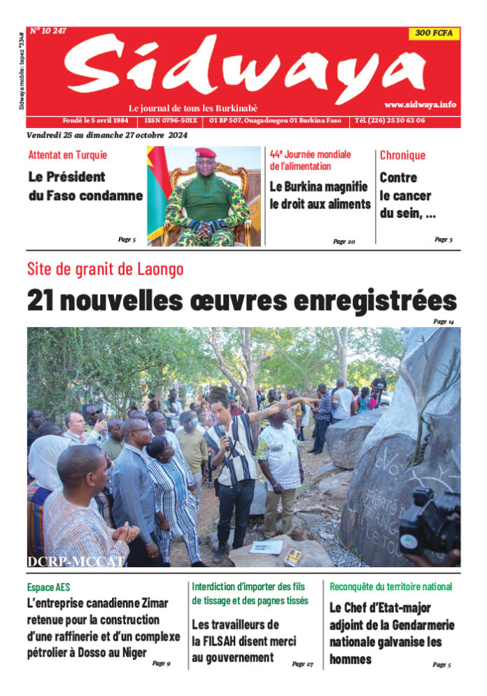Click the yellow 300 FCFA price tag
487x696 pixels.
(434, 33)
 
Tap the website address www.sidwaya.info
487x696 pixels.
(420, 104)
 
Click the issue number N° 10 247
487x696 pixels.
(48, 30)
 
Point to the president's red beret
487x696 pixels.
(206, 153)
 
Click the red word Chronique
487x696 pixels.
(402, 155)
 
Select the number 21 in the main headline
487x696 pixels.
(41, 300)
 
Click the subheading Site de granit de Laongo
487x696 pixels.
(105, 269)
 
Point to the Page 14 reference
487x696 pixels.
(444, 321)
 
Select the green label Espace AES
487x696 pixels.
(49, 587)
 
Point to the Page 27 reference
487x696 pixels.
(302, 664)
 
